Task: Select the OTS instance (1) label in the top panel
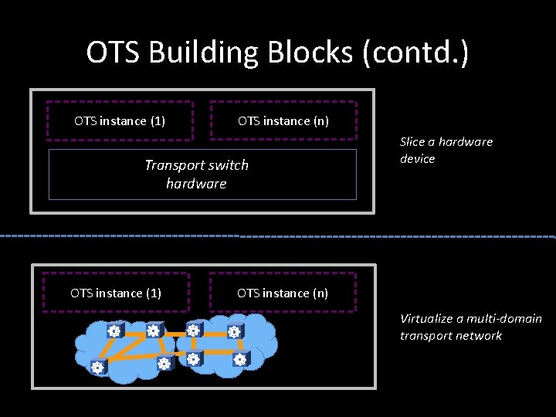pos(120,120)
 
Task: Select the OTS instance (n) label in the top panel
pos(283,120)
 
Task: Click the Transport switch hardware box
pos(202,175)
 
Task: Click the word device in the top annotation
pos(418,158)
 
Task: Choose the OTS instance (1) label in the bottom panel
pos(116,293)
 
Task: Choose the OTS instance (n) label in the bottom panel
pos(283,293)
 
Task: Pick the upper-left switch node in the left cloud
pos(114,331)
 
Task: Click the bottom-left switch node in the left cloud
pos(97,368)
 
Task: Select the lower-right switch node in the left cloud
pos(163,363)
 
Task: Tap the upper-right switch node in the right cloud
pos(234,332)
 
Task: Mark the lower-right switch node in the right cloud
pos(239,359)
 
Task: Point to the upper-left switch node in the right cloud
pos(194,331)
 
